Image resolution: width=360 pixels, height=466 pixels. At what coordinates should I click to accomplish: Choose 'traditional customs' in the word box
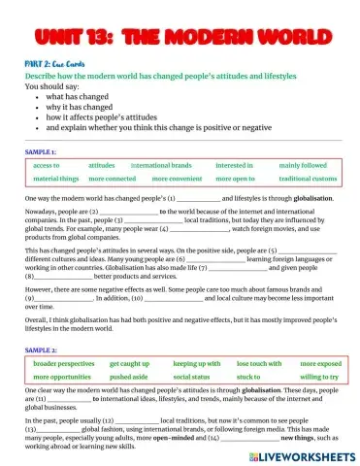(308, 180)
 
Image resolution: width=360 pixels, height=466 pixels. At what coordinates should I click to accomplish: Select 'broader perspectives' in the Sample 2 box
(63, 335)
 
